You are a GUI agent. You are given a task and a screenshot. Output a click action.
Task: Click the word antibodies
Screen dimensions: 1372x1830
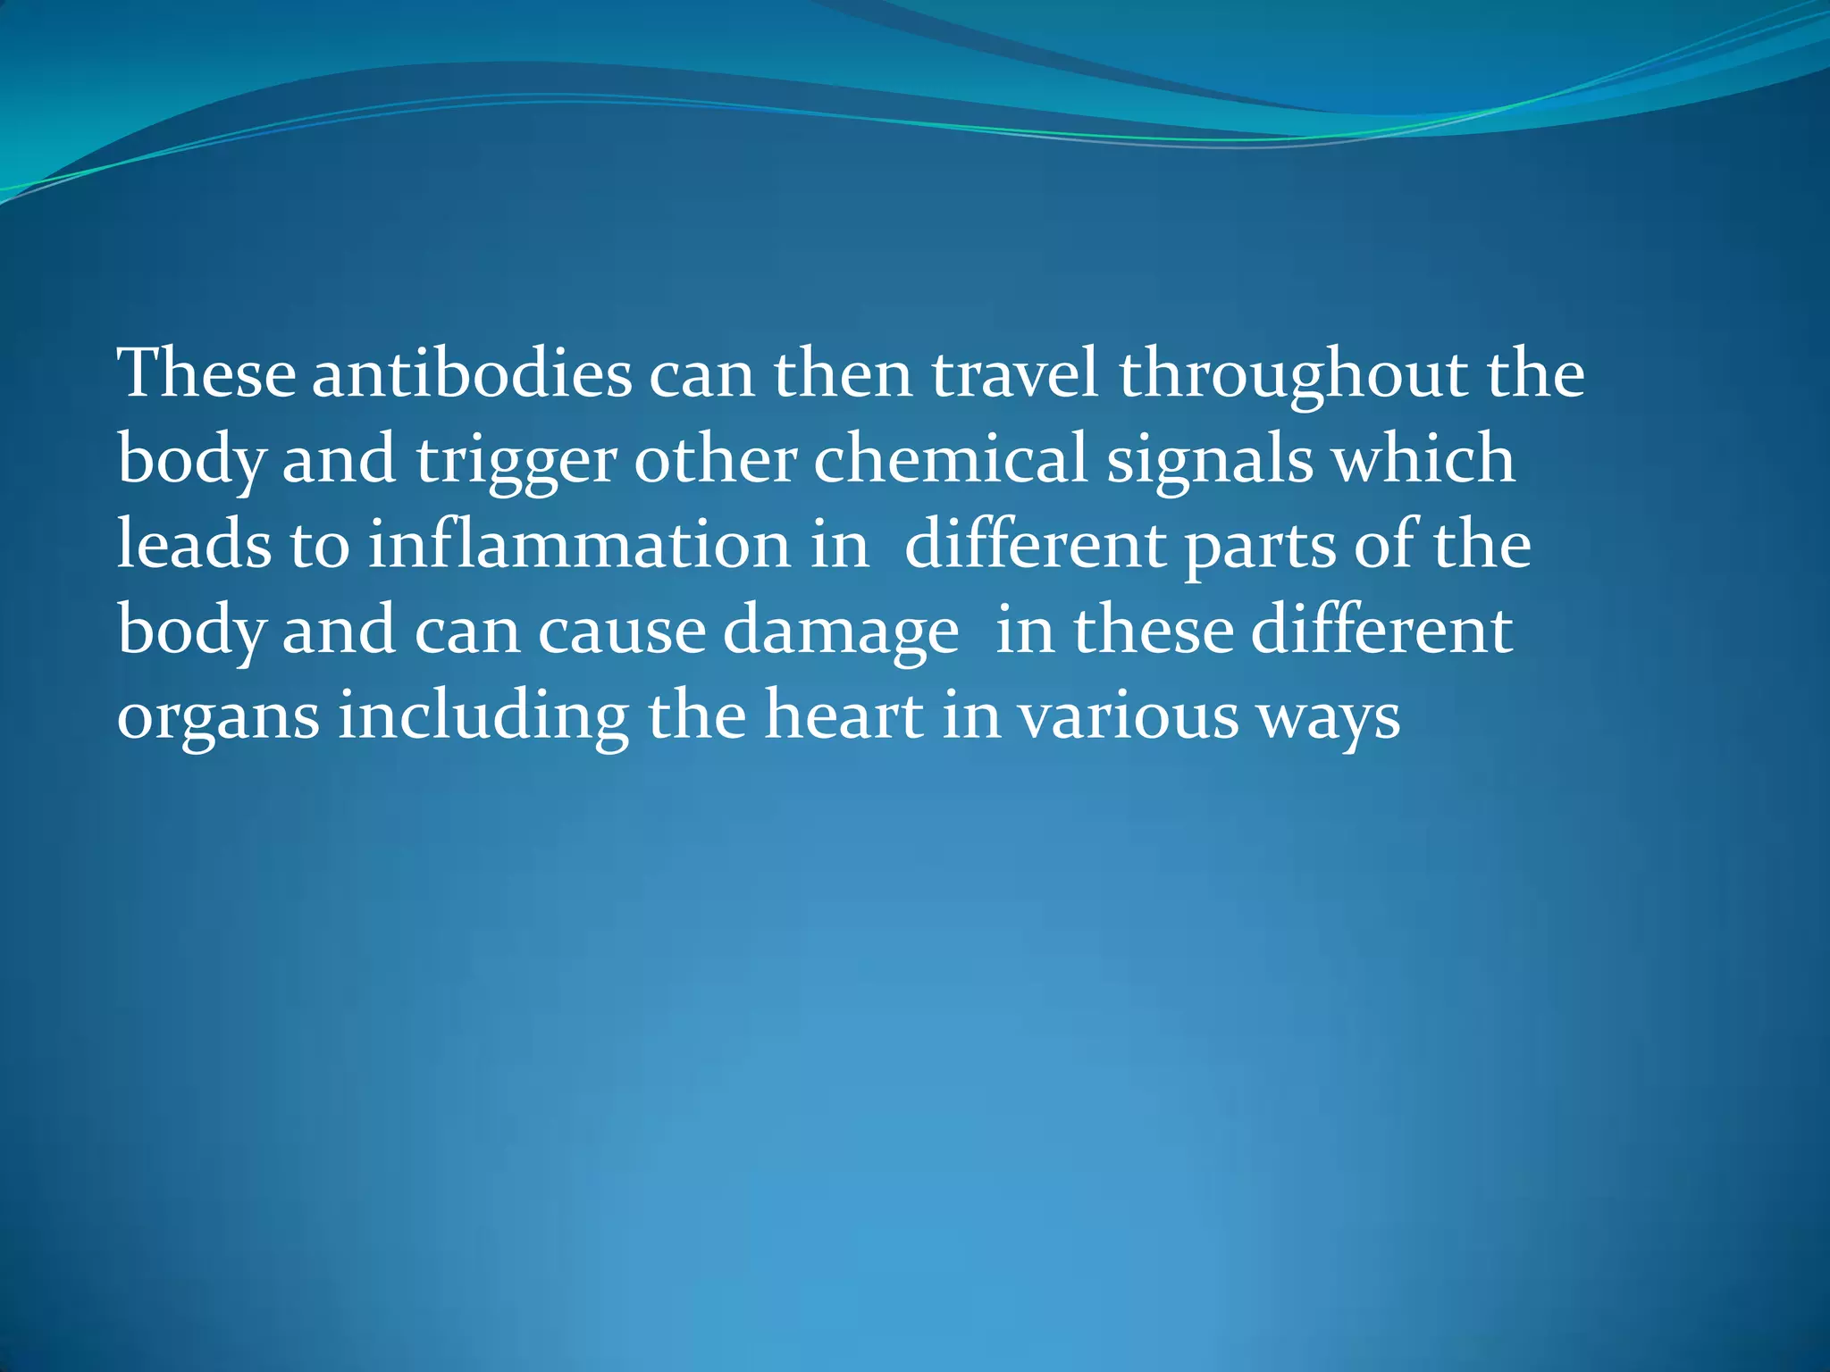(472, 373)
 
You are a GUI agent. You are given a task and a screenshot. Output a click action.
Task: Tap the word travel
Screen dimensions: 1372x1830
(1016, 373)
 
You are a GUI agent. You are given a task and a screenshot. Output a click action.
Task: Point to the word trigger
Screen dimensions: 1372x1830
(516, 461)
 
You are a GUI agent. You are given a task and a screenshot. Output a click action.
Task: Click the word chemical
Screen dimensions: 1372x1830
(951, 459)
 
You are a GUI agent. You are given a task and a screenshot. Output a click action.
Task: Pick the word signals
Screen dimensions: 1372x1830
(1211, 461)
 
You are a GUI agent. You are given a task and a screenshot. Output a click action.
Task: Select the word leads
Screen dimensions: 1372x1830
(194, 545)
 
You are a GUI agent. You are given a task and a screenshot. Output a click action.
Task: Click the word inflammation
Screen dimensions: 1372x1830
(579, 545)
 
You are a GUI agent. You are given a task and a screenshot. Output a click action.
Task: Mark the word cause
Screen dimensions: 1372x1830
(622, 631)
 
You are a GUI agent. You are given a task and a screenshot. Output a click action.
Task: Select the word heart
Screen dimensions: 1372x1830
(844, 716)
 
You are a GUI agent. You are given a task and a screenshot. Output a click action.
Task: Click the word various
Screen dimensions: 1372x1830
(1129, 716)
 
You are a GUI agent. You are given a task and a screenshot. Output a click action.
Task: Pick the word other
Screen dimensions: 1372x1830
(716, 459)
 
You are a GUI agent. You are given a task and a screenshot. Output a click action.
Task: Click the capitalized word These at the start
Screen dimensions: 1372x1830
(206, 373)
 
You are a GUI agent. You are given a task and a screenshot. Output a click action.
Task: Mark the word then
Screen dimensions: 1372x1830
(843, 373)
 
